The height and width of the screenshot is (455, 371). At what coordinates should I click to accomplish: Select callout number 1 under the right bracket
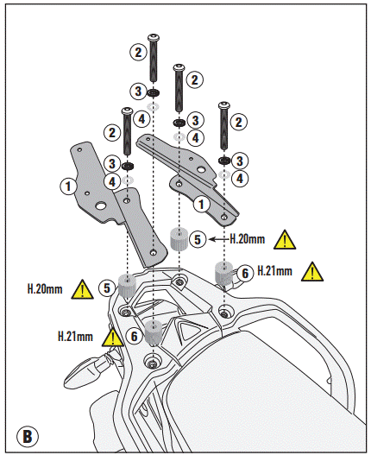[200, 204]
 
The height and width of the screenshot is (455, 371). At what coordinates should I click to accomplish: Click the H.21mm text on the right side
[274, 271]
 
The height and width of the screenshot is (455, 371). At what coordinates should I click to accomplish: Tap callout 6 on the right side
[245, 272]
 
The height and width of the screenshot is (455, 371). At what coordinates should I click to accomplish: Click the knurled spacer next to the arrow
[179, 237]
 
